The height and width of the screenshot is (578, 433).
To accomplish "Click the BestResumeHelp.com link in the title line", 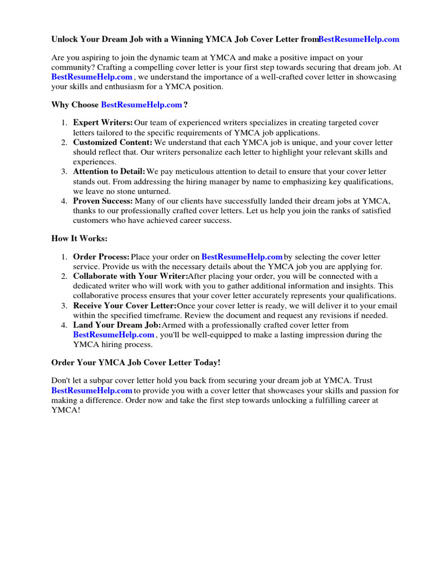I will click(359, 39).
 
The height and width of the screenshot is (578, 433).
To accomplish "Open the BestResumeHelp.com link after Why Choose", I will click(142, 104).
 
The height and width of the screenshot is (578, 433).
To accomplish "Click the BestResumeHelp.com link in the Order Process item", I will click(242, 257).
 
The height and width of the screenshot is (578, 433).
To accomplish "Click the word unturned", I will click(153, 191).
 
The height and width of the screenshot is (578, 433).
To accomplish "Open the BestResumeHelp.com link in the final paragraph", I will click(92, 390).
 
